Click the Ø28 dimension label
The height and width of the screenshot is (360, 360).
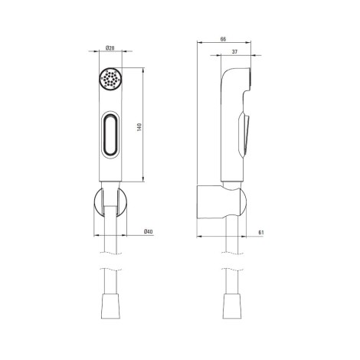(110, 47)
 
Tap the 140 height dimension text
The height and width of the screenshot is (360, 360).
(139, 127)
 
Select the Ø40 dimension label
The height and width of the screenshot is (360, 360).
(149, 231)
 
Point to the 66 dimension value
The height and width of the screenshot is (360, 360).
(223, 39)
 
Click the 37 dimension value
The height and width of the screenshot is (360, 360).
(234, 51)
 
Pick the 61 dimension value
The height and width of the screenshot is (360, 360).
(261, 233)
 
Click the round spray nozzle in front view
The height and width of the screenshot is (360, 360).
(110, 79)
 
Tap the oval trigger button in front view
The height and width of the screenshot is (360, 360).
(110, 135)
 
